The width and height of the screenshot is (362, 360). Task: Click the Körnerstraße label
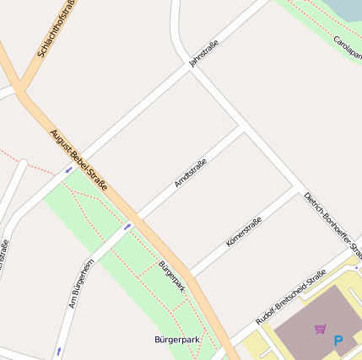point(244,231)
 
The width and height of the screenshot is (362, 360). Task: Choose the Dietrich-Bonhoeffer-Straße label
point(333,226)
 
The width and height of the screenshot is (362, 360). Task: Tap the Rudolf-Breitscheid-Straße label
point(291,297)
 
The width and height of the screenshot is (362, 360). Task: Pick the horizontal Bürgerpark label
point(176,339)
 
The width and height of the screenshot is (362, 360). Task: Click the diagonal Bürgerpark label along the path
point(172,277)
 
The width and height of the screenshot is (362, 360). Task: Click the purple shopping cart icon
point(320,329)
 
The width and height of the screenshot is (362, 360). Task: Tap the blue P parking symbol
point(338,341)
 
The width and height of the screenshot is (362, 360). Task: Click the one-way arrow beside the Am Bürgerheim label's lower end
point(59,349)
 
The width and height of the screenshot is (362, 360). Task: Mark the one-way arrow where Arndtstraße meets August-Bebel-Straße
point(127,226)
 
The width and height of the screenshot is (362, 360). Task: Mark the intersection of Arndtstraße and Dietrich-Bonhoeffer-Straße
point(243,127)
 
